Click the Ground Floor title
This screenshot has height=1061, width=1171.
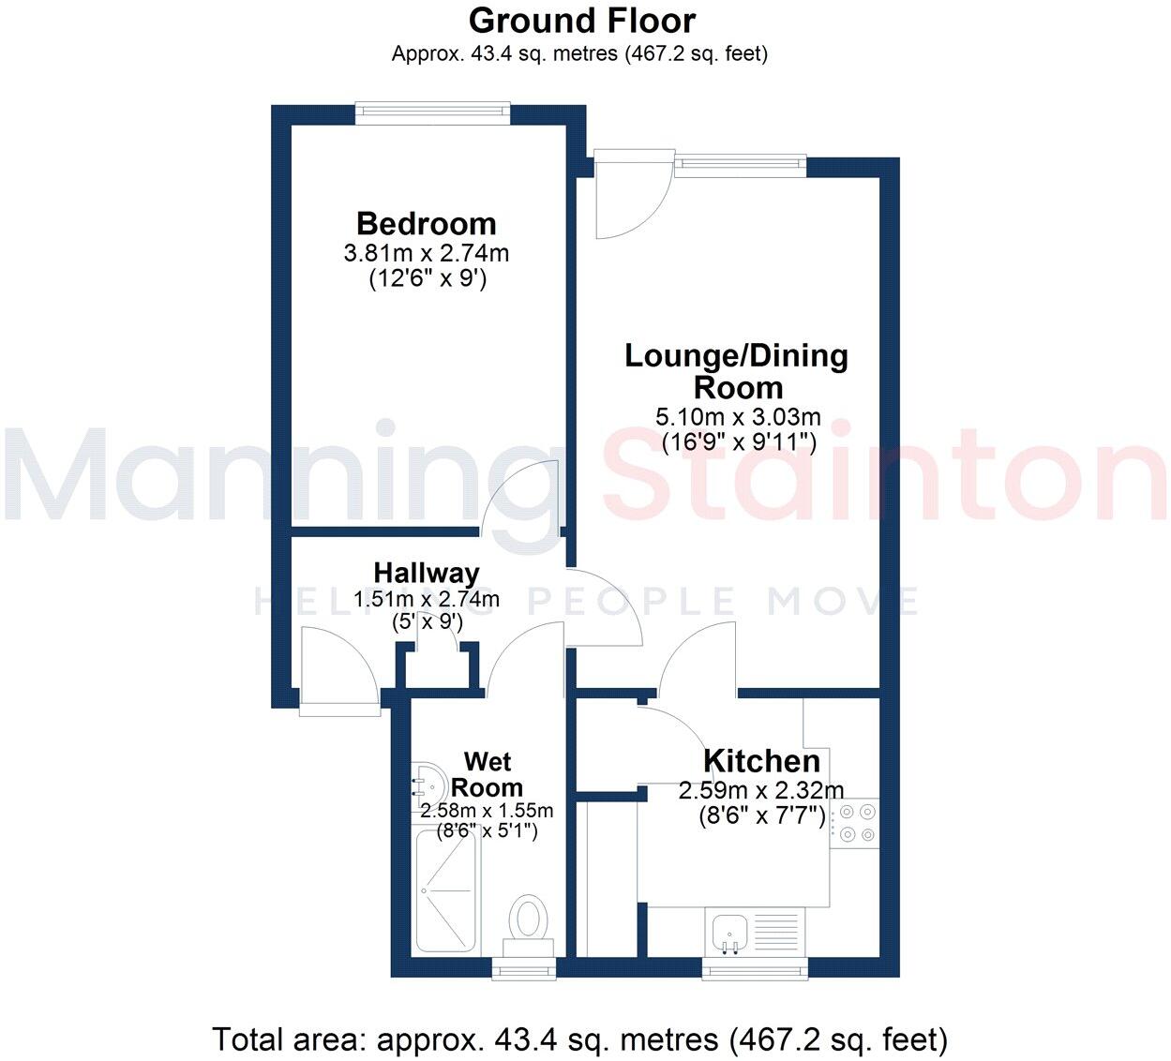coord(582,21)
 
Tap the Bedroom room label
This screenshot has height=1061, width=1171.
coord(427,224)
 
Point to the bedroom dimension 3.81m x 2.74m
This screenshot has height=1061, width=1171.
coord(427,253)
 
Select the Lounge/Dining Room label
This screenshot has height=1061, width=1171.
coord(737,371)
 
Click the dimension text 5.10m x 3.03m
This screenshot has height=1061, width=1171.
coord(738,417)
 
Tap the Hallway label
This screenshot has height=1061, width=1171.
coord(427,573)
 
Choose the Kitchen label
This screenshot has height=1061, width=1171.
coord(761,761)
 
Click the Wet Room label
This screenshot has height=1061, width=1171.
coord(487,774)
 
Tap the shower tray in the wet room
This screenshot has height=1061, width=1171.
coord(447,889)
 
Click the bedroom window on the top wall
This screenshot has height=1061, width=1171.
coord(432,113)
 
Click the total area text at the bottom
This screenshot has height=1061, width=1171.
coord(579,1039)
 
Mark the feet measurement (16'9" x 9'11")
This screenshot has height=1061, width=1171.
coord(738,442)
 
